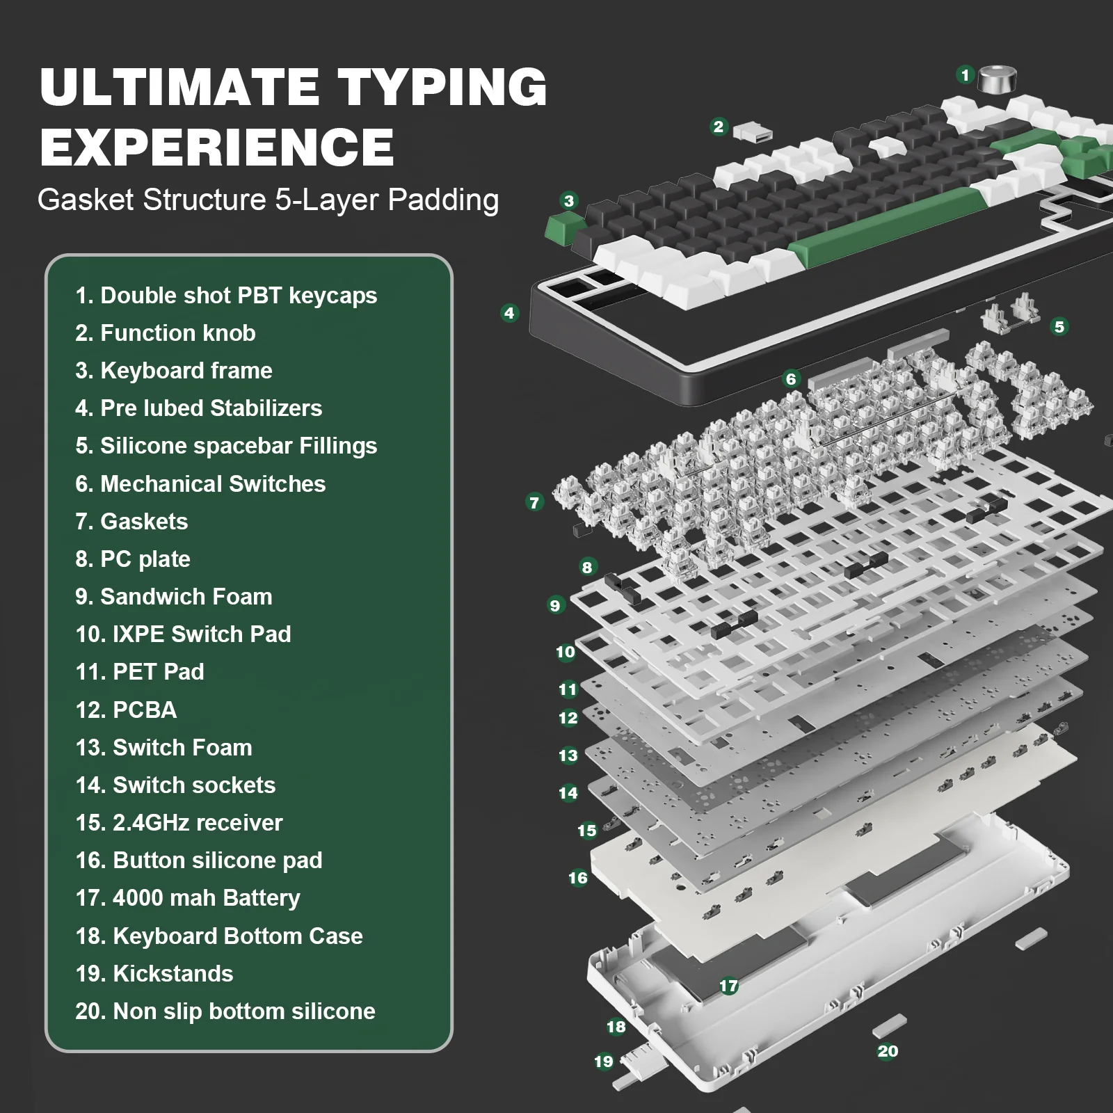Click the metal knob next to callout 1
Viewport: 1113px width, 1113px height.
point(997,79)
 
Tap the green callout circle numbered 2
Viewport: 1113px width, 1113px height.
point(719,127)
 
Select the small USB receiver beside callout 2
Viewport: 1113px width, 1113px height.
point(752,132)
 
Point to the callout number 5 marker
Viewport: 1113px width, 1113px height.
point(1059,326)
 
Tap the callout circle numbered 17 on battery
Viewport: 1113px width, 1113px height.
point(728,986)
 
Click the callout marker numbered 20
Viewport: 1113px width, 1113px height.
point(888,1051)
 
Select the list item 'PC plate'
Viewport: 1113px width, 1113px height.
point(145,559)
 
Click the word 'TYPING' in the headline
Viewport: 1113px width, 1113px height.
point(442,88)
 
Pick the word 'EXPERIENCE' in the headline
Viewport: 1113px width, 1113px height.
point(217,147)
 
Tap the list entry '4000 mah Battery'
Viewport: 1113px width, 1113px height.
point(206,897)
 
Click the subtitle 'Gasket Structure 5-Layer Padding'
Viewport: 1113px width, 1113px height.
point(268,200)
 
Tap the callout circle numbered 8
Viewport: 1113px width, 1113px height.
point(587,567)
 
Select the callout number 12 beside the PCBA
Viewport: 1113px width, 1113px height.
point(568,718)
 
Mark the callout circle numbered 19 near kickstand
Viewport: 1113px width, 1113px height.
point(603,1062)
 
